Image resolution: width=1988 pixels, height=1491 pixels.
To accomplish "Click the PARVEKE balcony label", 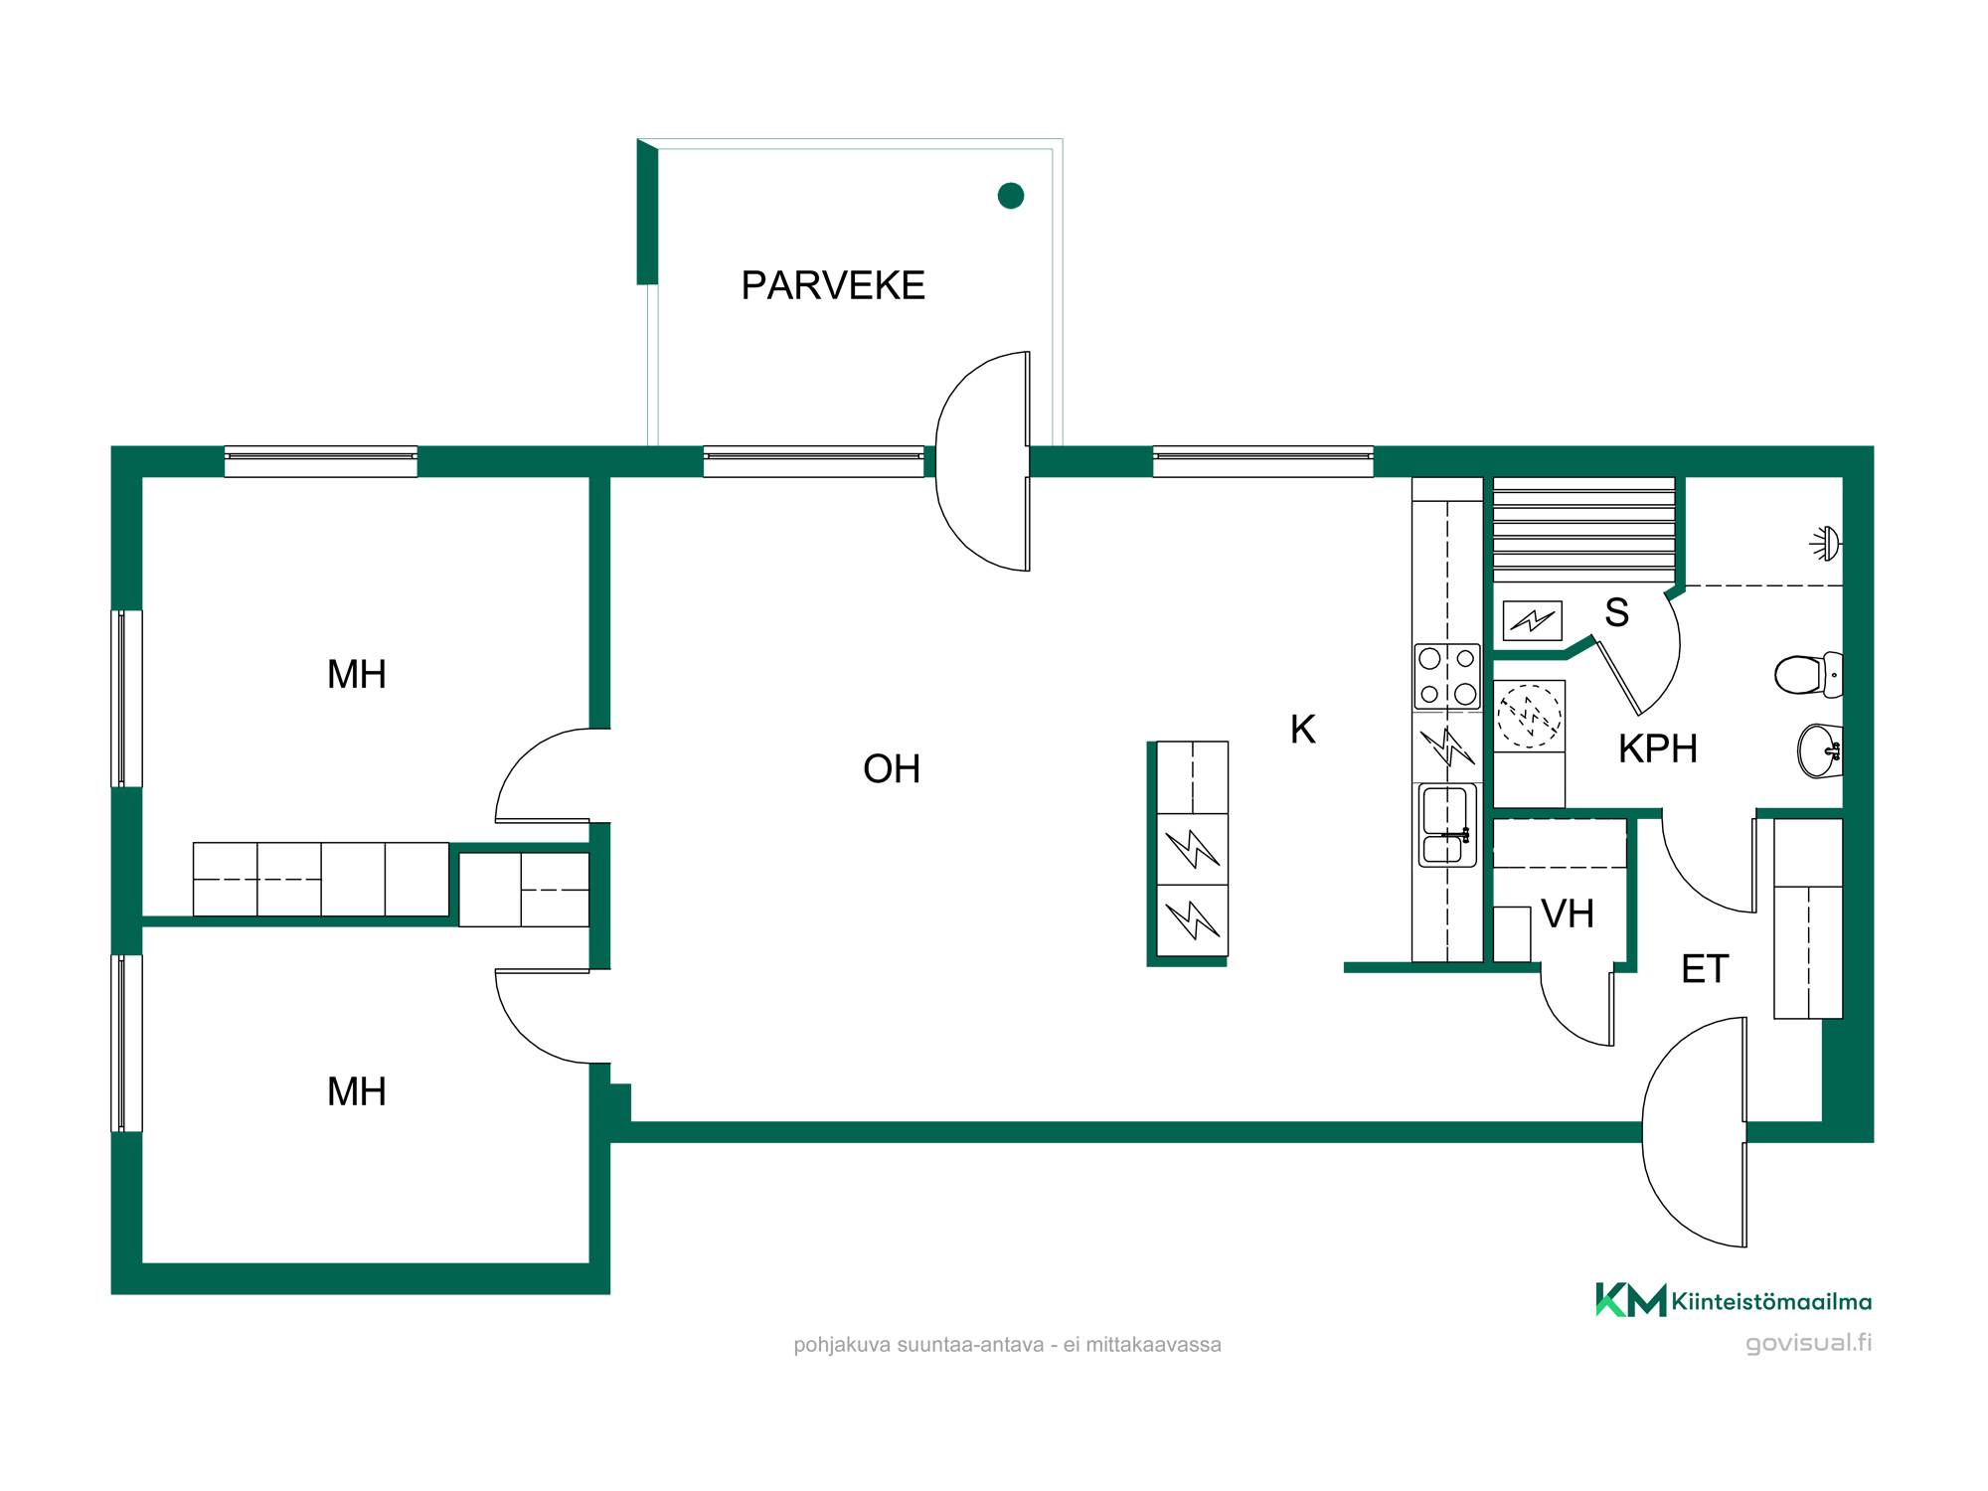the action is click(x=833, y=285).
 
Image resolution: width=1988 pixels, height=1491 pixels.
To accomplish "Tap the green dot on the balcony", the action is click(x=1011, y=196).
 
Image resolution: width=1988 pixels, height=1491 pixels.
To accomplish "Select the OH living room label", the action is click(x=892, y=768).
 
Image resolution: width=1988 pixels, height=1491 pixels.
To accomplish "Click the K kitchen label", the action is click(x=1302, y=730).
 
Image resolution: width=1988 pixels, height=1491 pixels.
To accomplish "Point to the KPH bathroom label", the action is click(x=1658, y=748).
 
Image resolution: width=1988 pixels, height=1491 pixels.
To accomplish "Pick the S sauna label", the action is click(x=1617, y=612).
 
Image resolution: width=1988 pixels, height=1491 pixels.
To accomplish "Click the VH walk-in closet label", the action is click(x=1568, y=913).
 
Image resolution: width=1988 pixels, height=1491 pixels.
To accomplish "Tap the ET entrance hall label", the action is click(x=1705, y=968).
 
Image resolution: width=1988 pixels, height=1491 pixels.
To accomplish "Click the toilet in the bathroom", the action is click(x=1808, y=675).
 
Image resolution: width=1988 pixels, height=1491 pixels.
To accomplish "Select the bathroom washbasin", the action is click(x=1820, y=750).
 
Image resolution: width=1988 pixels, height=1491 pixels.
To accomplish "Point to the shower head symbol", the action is click(x=1826, y=544).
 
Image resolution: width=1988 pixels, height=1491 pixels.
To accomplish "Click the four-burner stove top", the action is click(x=1447, y=676).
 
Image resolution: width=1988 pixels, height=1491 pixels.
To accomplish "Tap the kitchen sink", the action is click(x=1447, y=825).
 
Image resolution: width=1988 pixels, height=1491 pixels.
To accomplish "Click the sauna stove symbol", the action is click(x=1532, y=620).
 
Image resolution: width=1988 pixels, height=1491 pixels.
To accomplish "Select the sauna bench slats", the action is click(x=1584, y=530).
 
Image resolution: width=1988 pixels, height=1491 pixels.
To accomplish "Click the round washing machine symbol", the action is click(x=1530, y=715).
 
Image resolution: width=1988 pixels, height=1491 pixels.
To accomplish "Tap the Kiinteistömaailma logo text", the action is click(x=1771, y=1301).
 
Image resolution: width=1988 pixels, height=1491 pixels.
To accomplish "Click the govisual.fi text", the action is click(x=1809, y=1343).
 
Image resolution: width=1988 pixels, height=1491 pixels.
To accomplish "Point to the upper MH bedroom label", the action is click(x=356, y=674).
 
